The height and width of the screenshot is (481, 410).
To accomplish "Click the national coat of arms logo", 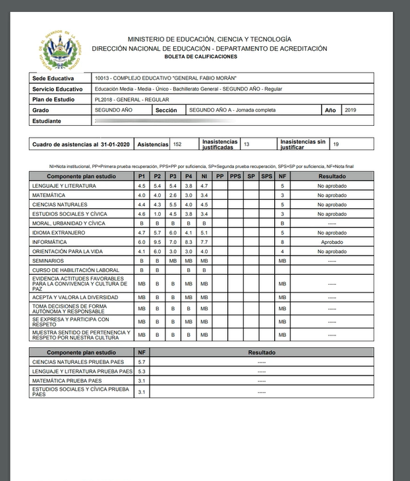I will pos(60,49).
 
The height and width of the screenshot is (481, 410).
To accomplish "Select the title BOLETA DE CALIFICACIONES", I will pos(209,57).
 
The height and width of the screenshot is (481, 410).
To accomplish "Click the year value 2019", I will pos(350,110).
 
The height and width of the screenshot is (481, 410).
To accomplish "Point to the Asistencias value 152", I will pos(178,143).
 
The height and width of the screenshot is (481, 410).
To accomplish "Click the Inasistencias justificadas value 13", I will pos(247,143).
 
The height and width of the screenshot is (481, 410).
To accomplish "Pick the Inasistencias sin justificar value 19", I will pos(336,143).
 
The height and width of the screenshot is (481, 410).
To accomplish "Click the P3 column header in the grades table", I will pos(173,177).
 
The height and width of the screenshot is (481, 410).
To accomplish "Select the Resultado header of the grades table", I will pos(332,177).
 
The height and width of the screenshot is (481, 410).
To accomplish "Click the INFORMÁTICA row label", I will pos(49,242).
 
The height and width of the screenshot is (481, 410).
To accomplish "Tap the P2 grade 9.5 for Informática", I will pos(157,242).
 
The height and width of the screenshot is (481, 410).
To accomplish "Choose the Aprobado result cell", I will pos(332,242).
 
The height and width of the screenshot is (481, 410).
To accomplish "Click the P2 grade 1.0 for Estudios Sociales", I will pos(157,213).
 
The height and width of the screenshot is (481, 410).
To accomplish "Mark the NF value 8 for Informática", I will pos(282,242).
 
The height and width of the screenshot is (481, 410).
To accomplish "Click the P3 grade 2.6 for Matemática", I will pos(173,195).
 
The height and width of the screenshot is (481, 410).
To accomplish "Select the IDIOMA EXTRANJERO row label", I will pos(58,233).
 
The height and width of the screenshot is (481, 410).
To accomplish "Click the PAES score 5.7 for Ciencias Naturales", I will pos(142,362).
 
